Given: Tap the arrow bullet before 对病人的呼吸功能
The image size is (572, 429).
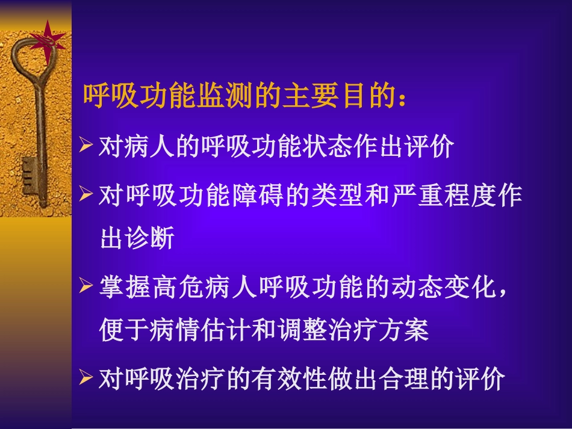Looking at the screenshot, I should point(87,147).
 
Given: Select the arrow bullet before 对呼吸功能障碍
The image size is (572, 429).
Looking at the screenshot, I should point(87,194).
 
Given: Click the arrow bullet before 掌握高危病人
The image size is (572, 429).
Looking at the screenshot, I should point(87,286).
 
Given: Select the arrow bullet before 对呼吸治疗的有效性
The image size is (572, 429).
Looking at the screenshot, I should point(87,378).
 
